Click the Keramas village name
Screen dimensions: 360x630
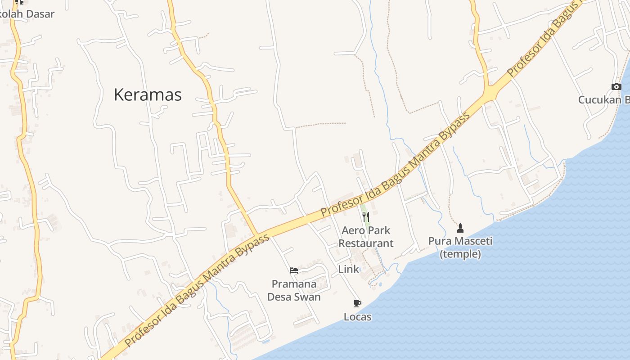click(x=148, y=95)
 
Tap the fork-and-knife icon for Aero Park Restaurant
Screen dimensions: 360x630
click(x=366, y=217)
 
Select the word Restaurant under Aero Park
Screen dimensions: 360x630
click(x=366, y=243)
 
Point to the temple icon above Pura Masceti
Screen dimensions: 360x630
click(x=460, y=228)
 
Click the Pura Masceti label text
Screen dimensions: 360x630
click(x=460, y=241)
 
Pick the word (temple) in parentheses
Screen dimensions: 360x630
click(x=460, y=254)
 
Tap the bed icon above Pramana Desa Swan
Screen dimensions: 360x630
click(x=294, y=270)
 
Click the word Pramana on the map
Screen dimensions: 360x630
click(x=294, y=284)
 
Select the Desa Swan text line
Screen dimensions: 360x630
click(x=294, y=297)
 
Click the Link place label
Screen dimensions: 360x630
click(x=348, y=269)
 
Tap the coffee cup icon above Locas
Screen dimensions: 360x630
click(x=357, y=304)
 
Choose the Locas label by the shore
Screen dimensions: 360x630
click(x=357, y=317)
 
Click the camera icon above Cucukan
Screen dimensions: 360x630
click(x=616, y=86)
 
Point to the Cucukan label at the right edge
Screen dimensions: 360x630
click(x=603, y=100)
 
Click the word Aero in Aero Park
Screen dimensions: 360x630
click(x=352, y=231)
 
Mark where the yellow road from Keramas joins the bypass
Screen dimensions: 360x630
click(x=258, y=235)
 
